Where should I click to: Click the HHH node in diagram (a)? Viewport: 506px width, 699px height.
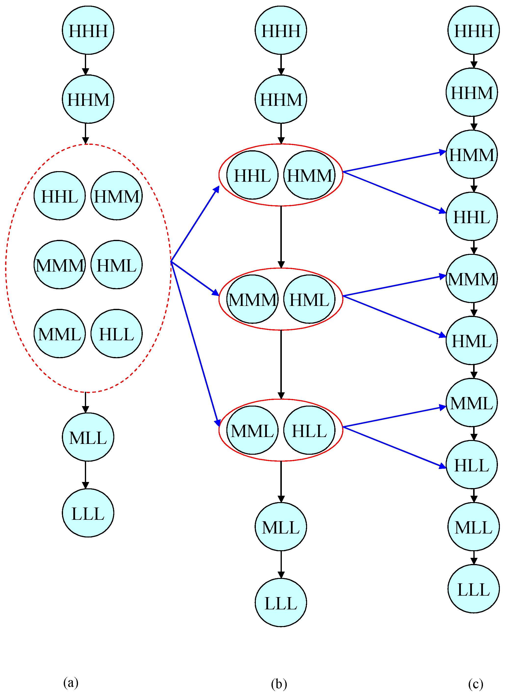coord(88,30)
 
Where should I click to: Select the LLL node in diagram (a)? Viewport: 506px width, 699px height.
coord(88,513)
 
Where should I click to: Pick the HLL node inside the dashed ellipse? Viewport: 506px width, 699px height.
coord(117,334)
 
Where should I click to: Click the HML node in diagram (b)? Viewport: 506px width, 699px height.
coord(309,299)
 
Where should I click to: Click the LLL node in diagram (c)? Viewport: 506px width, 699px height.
coord(473,589)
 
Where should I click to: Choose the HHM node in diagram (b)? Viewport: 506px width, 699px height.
coord(281,99)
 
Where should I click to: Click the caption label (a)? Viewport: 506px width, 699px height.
coord(71,682)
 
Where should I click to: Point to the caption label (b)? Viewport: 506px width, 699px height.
coord(279,684)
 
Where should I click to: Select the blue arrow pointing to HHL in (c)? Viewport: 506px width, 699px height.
coord(394,192)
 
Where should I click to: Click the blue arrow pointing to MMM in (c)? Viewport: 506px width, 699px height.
coord(394,286)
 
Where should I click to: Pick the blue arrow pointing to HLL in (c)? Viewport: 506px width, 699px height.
coord(394,447)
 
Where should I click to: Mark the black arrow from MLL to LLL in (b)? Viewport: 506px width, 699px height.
coord(281,564)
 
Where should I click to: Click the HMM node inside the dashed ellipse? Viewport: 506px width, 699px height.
coord(117,196)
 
